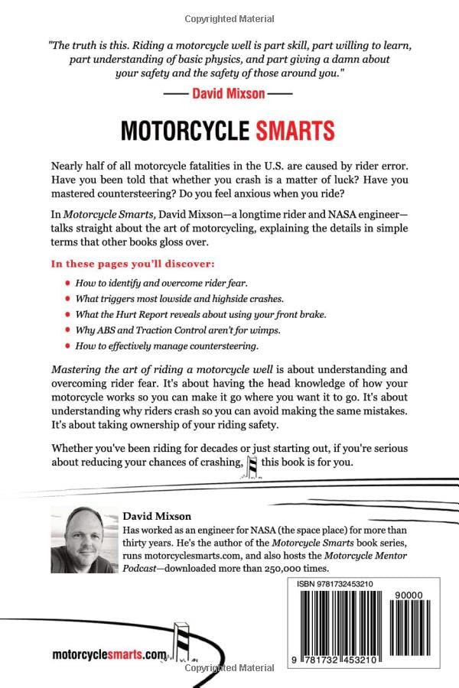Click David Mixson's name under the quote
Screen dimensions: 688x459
(229, 95)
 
